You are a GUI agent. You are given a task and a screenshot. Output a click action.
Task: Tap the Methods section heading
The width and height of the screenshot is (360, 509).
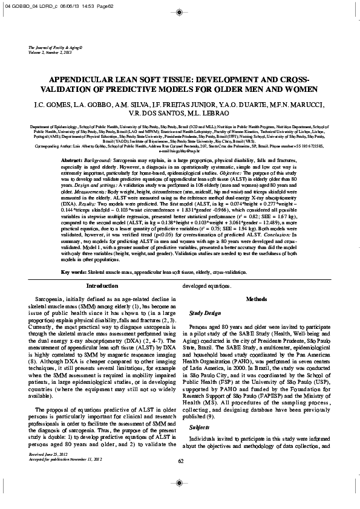tap(261, 299)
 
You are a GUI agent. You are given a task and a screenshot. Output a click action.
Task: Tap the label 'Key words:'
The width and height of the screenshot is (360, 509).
tap(75, 273)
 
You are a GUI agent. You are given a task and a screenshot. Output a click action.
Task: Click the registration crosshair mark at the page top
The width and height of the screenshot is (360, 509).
tap(180, 10)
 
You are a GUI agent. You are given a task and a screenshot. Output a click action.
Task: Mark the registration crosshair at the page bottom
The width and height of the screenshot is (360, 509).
tap(180, 499)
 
